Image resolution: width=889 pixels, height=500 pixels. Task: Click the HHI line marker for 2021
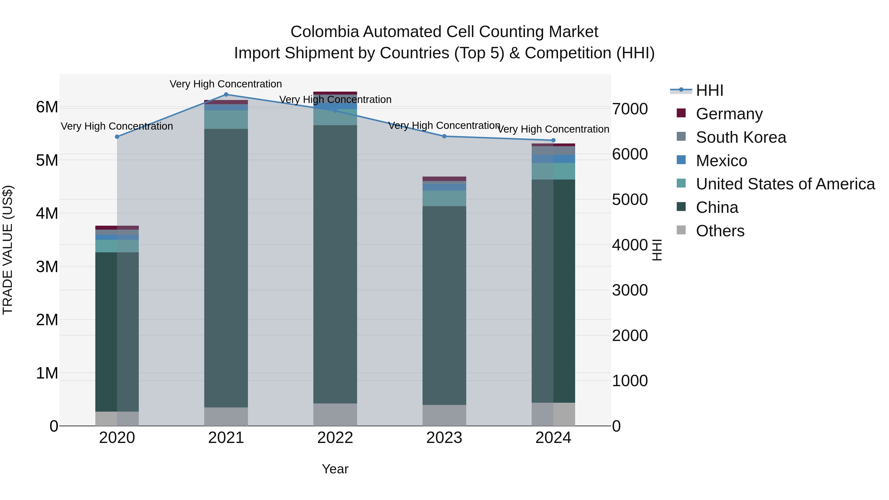pyautogui.click(x=226, y=95)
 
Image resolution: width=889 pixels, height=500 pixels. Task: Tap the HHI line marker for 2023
pyautogui.click(x=444, y=136)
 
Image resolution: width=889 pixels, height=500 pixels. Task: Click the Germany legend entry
pyautogui.click(x=729, y=114)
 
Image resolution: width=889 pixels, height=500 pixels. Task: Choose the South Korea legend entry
pyautogui.click(x=741, y=137)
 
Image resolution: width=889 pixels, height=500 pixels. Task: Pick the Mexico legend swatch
pyautogui.click(x=681, y=160)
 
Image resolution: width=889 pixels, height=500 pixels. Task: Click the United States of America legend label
pyautogui.click(x=785, y=184)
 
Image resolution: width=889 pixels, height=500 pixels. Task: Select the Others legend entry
pyautogui.click(x=720, y=231)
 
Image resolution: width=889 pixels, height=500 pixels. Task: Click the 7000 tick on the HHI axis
pyautogui.click(x=630, y=109)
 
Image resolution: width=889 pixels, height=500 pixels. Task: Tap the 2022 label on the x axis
pyautogui.click(x=335, y=438)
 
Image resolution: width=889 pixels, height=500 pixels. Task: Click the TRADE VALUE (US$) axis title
pyautogui.click(x=8, y=250)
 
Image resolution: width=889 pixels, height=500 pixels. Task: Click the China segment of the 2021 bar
pyautogui.click(x=226, y=268)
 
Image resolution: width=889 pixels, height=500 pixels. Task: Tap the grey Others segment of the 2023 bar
pyautogui.click(x=444, y=416)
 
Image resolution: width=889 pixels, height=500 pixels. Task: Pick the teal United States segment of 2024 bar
pyautogui.click(x=553, y=171)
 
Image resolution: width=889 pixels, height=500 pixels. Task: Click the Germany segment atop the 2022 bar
pyautogui.click(x=335, y=93)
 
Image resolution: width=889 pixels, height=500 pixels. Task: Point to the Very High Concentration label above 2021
pyautogui.click(x=226, y=84)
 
